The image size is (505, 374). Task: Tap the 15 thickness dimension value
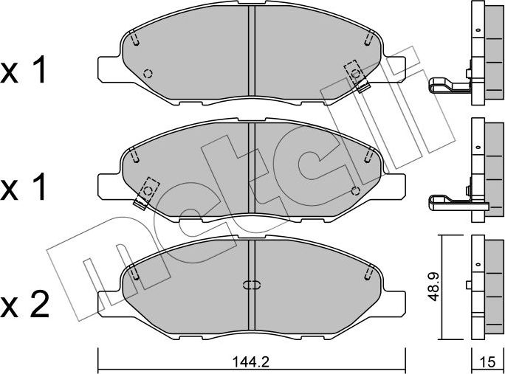pyautogui.click(x=488, y=362)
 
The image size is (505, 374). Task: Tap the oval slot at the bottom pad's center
pyautogui.click(x=251, y=285)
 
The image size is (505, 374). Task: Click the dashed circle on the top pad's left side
pyautogui.click(x=148, y=74)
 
